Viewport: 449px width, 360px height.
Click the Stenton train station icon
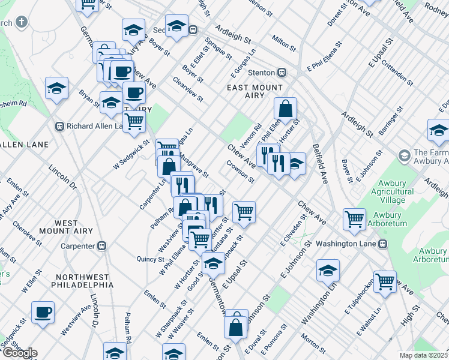coord(281,73)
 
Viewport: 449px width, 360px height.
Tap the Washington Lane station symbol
coord(382,244)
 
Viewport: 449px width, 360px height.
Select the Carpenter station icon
coord(102,245)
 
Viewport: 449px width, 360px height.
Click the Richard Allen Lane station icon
coord(59,126)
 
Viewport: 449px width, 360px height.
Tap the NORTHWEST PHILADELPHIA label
coord(82,281)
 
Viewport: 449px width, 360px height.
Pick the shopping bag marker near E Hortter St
coord(286,109)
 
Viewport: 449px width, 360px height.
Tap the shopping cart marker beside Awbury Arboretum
coord(354,218)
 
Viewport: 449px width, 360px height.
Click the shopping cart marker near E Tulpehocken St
coord(385,280)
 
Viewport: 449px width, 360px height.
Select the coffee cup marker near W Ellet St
coord(43,312)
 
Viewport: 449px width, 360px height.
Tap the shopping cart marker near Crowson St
coord(244,212)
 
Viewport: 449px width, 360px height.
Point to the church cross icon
coord(22,23)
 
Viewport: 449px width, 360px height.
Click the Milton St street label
coord(283,43)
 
